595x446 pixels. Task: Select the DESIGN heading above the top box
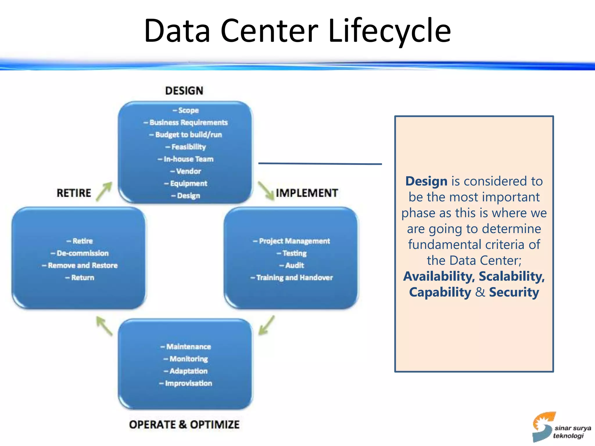click(x=184, y=91)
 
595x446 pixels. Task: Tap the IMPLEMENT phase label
click(x=307, y=193)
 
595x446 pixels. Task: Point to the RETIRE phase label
click(x=74, y=193)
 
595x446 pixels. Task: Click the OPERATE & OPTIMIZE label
click(x=184, y=425)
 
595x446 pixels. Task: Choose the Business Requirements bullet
click(x=188, y=123)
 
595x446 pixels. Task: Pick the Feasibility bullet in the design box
click(x=188, y=147)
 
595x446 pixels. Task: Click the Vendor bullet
click(x=188, y=171)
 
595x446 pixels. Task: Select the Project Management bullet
click(x=294, y=241)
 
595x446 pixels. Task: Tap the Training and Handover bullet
click(x=294, y=278)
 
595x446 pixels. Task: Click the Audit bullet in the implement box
click(x=294, y=265)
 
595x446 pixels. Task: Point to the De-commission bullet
click(x=82, y=253)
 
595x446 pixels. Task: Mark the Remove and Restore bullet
click(x=82, y=265)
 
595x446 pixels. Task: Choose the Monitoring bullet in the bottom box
click(x=188, y=359)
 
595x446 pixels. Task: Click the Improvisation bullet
click(x=188, y=383)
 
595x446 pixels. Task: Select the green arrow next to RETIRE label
click(x=104, y=191)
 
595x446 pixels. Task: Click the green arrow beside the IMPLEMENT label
click(x=266, y=191)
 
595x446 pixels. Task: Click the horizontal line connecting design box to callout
click(x=320, y=164)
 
